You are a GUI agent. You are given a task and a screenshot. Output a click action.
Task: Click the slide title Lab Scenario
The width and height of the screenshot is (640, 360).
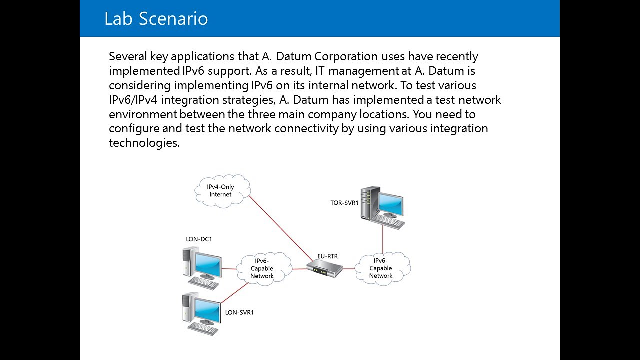point(156,19)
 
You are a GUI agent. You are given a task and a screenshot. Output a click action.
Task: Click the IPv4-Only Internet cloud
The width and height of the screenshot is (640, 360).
point(221,190)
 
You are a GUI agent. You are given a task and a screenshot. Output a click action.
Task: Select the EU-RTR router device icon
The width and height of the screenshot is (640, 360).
point(324,269)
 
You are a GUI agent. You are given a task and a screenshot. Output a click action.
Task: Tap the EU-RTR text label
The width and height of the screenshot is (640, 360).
point(327,256)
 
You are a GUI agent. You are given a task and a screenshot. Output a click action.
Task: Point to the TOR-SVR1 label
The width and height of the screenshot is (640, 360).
point(344,203)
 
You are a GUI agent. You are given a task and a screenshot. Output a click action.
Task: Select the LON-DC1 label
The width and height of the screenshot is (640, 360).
point(199,239)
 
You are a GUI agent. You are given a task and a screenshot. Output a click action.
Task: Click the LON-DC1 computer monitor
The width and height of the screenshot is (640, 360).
point(207,265)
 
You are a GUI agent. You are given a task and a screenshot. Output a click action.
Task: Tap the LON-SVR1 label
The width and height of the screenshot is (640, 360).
point(239,313)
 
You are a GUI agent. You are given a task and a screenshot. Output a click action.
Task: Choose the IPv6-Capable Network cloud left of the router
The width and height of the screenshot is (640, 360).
point(262,268)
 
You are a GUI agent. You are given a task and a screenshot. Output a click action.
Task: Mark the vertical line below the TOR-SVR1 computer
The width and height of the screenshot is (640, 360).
point(383,240)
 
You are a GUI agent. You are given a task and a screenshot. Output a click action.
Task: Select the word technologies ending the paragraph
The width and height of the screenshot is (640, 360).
point(144,143)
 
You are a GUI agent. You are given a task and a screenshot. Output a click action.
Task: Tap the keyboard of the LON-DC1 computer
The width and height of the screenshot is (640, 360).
point(204,283)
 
